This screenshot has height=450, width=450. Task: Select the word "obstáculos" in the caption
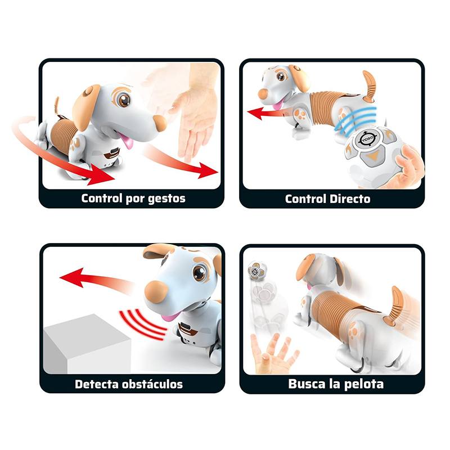point(152,384)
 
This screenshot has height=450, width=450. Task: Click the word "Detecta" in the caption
point(96,384)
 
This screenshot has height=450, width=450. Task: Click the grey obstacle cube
point(87,344)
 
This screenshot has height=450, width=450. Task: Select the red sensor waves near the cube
point(143,324)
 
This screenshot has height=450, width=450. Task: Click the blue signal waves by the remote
point(356,120)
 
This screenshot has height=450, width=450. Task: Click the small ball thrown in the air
point(257,270)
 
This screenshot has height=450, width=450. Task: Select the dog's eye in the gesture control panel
point(124,100)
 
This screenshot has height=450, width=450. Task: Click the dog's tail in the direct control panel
point(369,85)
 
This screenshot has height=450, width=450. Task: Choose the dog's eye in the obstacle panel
point(199,273)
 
